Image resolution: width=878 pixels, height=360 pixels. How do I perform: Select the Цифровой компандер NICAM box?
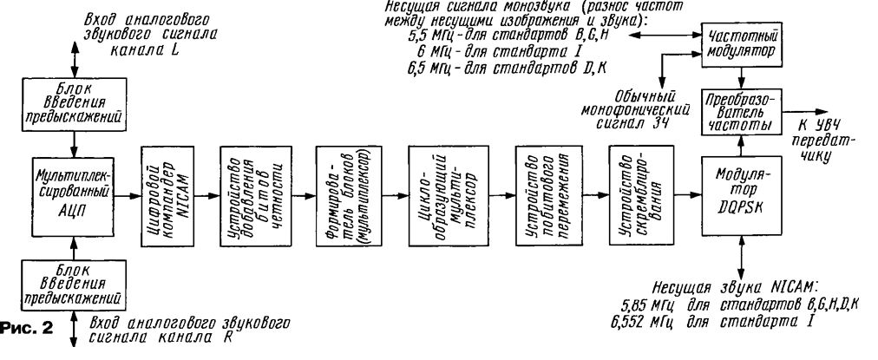point(165,197)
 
